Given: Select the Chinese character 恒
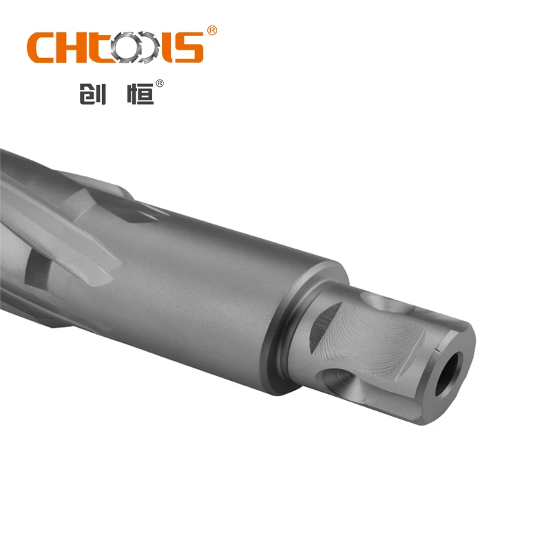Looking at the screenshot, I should click(x=141, y=92).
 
